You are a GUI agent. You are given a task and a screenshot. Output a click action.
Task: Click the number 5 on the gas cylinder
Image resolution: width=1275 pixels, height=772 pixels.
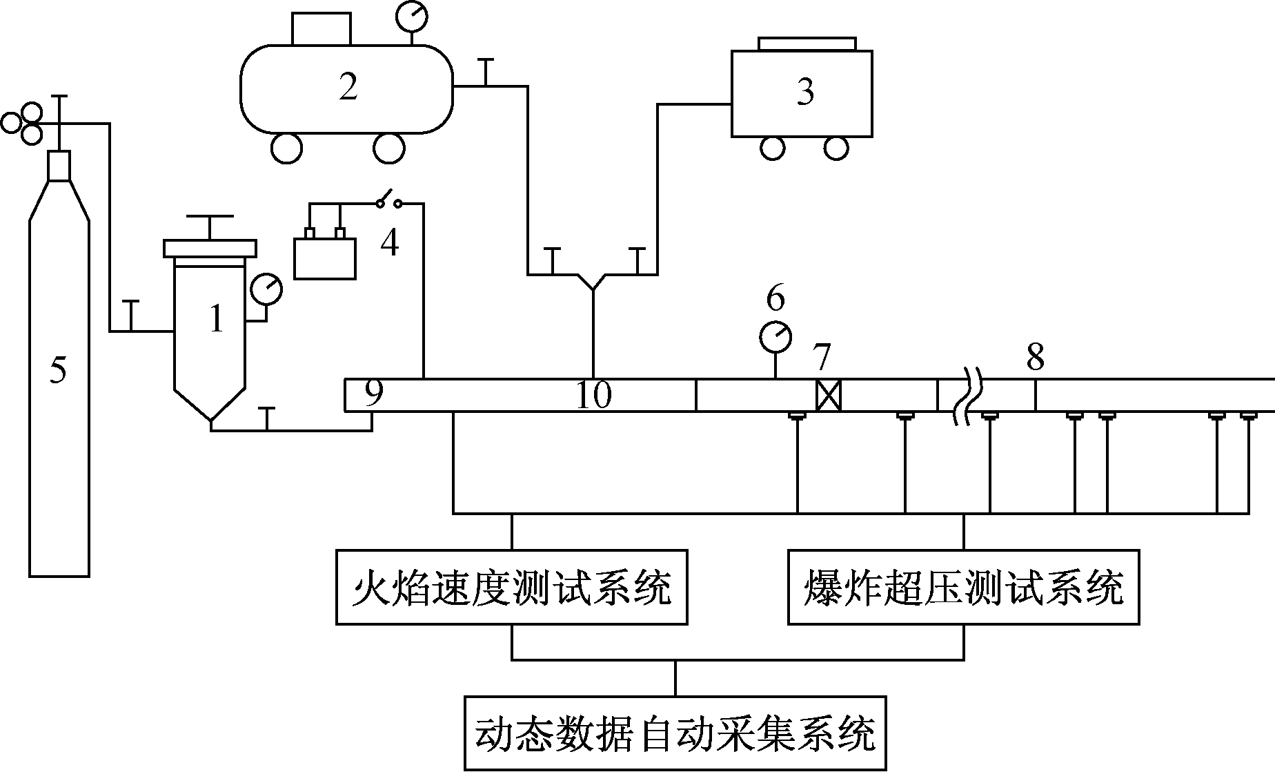pyautogui.click(x=59, y=371)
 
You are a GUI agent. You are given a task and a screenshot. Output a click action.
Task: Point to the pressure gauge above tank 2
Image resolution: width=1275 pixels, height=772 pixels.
pyautogui.click(x=412, y=15)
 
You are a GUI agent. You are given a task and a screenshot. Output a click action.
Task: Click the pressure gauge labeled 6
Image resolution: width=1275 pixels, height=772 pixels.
pyautogui.click(x=776, y=336)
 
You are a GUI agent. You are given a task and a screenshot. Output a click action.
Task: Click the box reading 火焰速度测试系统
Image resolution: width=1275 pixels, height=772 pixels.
pyautogui.click(x=511, y=587)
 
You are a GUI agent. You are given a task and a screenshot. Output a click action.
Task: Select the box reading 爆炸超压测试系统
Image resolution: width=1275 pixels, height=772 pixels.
pyautogui.click(x=963, y=587)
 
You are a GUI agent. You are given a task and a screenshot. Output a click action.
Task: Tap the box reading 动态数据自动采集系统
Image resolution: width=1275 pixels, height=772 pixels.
pyautogui.click(x=675, y=733)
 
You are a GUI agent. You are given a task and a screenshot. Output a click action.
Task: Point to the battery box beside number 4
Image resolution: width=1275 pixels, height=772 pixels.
pyautogui.click(x=325, y=258)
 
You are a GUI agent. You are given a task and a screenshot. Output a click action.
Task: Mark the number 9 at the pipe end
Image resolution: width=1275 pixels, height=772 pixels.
pyautogui.click(x=373, y=394)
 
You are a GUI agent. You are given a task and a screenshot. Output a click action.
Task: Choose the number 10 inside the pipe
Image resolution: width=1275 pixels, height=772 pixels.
pyautogui.click(x=594, y=396)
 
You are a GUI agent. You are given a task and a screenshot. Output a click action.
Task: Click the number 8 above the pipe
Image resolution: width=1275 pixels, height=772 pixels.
pyautogui.click(x=1035, y=358)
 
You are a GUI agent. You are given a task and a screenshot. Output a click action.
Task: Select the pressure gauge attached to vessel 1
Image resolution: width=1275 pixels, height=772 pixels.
pyautogui.click(x=266, y=289)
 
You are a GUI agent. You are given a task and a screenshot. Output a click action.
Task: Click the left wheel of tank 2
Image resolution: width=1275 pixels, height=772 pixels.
pyautogui.click(x=286, y=148)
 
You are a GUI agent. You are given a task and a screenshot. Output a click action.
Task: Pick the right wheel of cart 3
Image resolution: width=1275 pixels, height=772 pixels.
pyautogui.click(x=836, y=147)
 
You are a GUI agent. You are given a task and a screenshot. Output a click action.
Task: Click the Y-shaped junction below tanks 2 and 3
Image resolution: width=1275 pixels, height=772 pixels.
pyautogui.click(x=593, y=283)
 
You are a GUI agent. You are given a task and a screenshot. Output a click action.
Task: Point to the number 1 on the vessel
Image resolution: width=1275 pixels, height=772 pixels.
pyautogui.click(x=217, y=319)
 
